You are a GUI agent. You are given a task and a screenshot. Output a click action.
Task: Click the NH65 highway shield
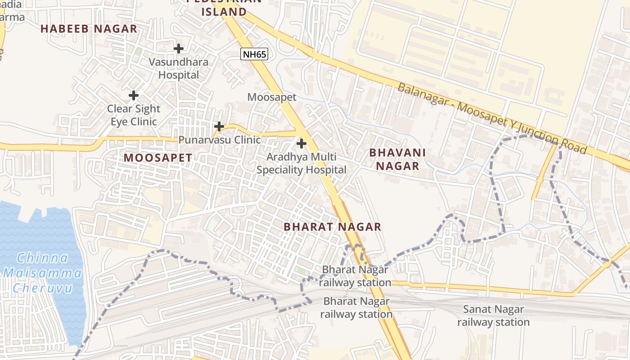tap(254, 54)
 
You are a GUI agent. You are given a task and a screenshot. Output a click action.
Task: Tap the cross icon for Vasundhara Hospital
tap(179, 48)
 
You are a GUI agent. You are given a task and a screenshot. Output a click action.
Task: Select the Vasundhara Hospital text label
tap(179, 68)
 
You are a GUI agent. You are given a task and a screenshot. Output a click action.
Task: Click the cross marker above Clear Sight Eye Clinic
tap(134, 95)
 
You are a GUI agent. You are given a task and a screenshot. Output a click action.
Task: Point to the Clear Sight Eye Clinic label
tap(134, 115)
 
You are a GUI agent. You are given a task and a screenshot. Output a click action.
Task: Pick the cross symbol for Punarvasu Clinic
tap(219, 126)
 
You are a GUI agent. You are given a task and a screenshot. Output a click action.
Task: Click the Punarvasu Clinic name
tap(220, 140)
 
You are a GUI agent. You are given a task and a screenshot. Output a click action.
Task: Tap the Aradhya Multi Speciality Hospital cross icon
tap(301, 144)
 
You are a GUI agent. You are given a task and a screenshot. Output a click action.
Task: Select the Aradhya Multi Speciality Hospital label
tap(301, 163)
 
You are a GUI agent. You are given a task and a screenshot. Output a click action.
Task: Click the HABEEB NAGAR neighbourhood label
tap(89, 29)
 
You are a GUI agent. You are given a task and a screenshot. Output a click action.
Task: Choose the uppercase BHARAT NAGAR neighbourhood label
tap(333, 227)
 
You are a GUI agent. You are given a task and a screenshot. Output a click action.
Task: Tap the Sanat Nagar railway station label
tap(494, 316)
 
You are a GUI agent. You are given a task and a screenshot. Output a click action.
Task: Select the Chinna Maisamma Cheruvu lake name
tap(42, 273)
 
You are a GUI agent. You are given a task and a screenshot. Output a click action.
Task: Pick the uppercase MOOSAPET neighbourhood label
tap(158, 158)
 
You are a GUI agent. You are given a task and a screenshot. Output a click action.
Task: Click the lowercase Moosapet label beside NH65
tap(272, 97)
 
